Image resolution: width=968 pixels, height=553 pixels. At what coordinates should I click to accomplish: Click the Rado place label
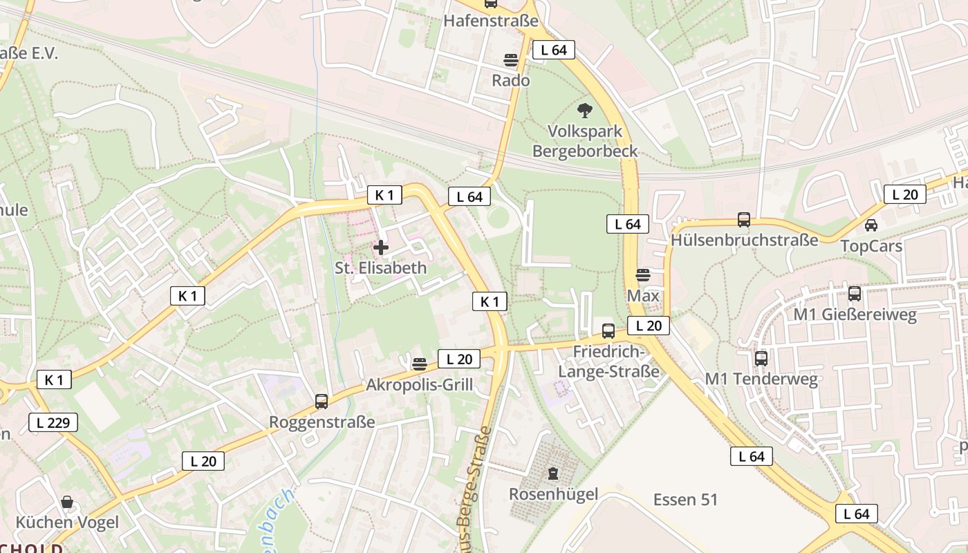[x=510, y=80]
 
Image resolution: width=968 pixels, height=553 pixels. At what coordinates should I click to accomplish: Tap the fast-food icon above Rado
[x=511, y=61]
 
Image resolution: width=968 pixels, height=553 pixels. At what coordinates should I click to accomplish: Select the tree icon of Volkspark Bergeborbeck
[x=584, y=111]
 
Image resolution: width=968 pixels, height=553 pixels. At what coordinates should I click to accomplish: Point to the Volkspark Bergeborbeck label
[x=585, y=141]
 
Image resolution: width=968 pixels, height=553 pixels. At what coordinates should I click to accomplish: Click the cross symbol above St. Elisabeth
[x=381, y=247]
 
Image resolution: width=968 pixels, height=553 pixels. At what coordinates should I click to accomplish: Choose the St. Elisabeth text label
[x=381, y=268]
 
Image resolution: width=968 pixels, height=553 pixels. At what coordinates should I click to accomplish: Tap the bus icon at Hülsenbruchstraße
[x=744, y=220]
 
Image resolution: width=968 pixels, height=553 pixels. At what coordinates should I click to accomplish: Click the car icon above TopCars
[x=871, y=225]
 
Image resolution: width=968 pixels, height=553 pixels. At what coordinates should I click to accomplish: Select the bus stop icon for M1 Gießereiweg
[x=855, y=294]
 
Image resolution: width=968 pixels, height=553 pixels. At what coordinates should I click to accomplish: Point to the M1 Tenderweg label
[x=761, y=379]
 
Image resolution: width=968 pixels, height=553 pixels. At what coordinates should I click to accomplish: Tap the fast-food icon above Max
[x=643, y=275]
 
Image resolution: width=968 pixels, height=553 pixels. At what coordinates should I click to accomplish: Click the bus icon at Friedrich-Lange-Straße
[x=608, y=331]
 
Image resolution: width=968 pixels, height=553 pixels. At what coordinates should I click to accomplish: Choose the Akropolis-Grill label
[x=420, y=384]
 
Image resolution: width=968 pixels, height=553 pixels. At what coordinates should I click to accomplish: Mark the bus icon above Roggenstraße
[x=322, y=401]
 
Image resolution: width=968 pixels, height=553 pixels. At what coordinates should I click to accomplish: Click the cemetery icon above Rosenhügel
[x=553, y=474]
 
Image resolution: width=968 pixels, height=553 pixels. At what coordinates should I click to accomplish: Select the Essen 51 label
[x=685, y=499]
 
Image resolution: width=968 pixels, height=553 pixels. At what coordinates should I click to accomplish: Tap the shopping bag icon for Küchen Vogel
[x=67, y=502]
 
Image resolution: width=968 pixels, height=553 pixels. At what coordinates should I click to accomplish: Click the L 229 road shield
[x=53, y=422]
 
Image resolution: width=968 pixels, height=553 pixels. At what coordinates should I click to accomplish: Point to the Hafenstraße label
[x=490, y=21]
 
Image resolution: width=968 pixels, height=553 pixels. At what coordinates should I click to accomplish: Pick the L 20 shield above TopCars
[x=904, y=194]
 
